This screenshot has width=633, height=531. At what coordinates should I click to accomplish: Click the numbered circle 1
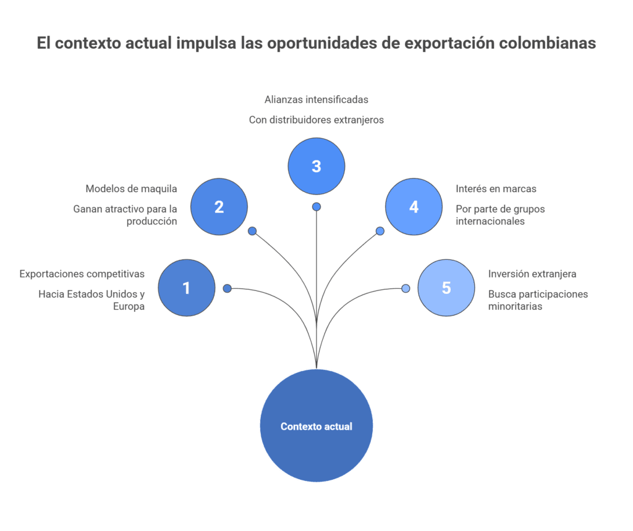tap(187, 288)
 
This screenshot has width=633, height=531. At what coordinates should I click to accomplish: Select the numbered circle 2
tap(219, 207)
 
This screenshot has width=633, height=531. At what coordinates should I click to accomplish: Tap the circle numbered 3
tap(316, 166)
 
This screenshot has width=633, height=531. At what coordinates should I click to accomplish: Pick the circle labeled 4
tap(414, 207)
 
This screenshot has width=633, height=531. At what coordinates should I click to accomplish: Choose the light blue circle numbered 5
tap(446, 288)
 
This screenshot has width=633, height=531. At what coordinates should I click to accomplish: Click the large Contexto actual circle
tap(316, 427)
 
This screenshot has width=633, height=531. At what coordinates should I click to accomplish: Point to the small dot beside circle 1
tap(227, 288)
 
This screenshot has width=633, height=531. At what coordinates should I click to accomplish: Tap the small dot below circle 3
tap(316, 206)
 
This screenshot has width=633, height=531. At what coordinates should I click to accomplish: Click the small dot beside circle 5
tap(406, 288)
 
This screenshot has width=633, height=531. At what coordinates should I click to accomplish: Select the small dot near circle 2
tap(252, 231)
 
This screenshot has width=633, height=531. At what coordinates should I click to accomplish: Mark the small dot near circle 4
tap(380, 231)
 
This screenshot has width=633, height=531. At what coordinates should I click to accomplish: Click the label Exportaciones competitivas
tap(82, 274)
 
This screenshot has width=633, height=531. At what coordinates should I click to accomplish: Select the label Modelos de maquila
tap(131, 188)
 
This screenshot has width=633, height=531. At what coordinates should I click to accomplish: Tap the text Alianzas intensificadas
tap(316, 99)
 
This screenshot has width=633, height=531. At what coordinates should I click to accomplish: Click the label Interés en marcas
tap(496, 188)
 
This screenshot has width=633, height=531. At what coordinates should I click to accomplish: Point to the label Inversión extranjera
tap(532, 274)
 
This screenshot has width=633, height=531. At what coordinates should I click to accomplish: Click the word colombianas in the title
tap(548, 43)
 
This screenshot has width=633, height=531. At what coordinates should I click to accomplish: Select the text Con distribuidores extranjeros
tap(316, 120)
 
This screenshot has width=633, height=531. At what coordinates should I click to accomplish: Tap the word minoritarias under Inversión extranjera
tap(515, 306)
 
